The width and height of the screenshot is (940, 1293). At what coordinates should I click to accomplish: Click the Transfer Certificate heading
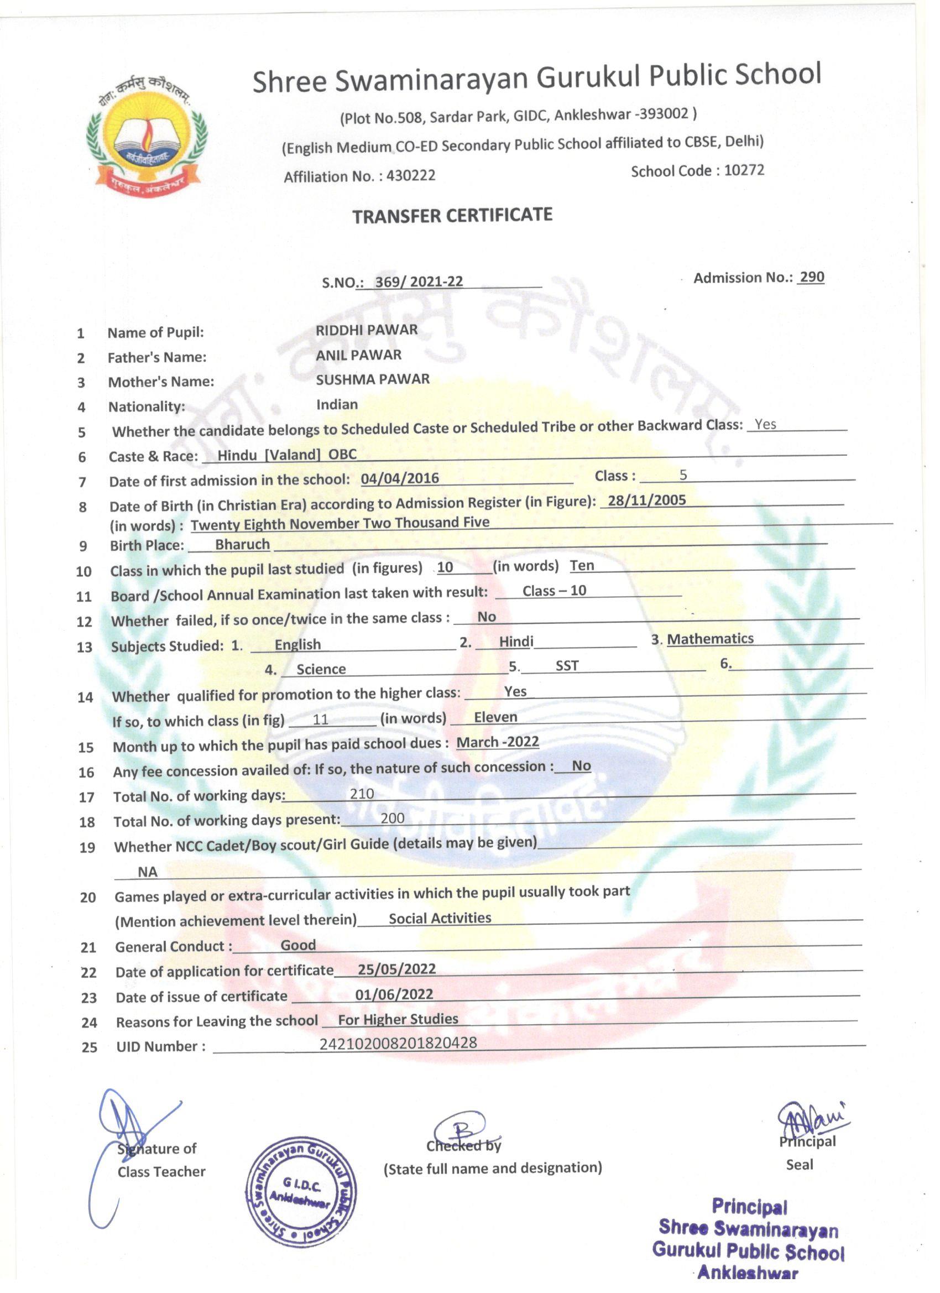pyautogui.click(x=452, y=216)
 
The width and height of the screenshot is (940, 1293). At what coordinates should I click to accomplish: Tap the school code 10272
pyautogui.click(x=744, y=170)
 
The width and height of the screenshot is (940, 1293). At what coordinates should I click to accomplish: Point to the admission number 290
pyautogui.click(x=812, y=277)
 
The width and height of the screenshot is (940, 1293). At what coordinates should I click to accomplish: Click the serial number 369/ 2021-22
pyautogui.click(x=419, y=281)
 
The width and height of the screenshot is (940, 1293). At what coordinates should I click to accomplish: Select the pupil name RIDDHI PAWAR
pyautogui.click(x=367, y=330)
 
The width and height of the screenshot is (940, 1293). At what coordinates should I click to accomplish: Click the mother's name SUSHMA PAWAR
pyautogui.click(x=373, y=379)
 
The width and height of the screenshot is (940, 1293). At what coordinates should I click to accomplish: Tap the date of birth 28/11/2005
pyautogui.click(x=647, y=500)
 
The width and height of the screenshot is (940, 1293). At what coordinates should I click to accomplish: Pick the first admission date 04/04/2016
pyautogui.click(x=400, y=478)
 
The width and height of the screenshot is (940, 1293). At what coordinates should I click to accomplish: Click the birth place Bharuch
pyautogui.click(x=242, y=544)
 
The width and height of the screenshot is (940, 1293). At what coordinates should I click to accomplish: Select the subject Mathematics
pyautogui.click(x=711, y=639)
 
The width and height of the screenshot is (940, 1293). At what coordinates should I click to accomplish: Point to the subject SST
pyautogui.click(x=567, y=665)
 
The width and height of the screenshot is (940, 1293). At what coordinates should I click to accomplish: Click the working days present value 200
pyautogui.click(x=392, y=818)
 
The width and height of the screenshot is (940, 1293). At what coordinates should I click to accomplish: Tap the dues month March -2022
pyautogui.click(x=498, y=742)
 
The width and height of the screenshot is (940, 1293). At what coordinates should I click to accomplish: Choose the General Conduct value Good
pyautogui.click(x=297, y=945)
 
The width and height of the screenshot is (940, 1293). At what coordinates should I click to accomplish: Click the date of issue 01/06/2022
pyautogui.click(x=394, y=994)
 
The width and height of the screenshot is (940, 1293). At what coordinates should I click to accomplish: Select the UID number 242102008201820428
pyautogui.click(x=398, y=1043)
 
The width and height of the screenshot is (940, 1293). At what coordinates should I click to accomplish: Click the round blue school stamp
pyautogui.click(x=300, y=1193)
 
